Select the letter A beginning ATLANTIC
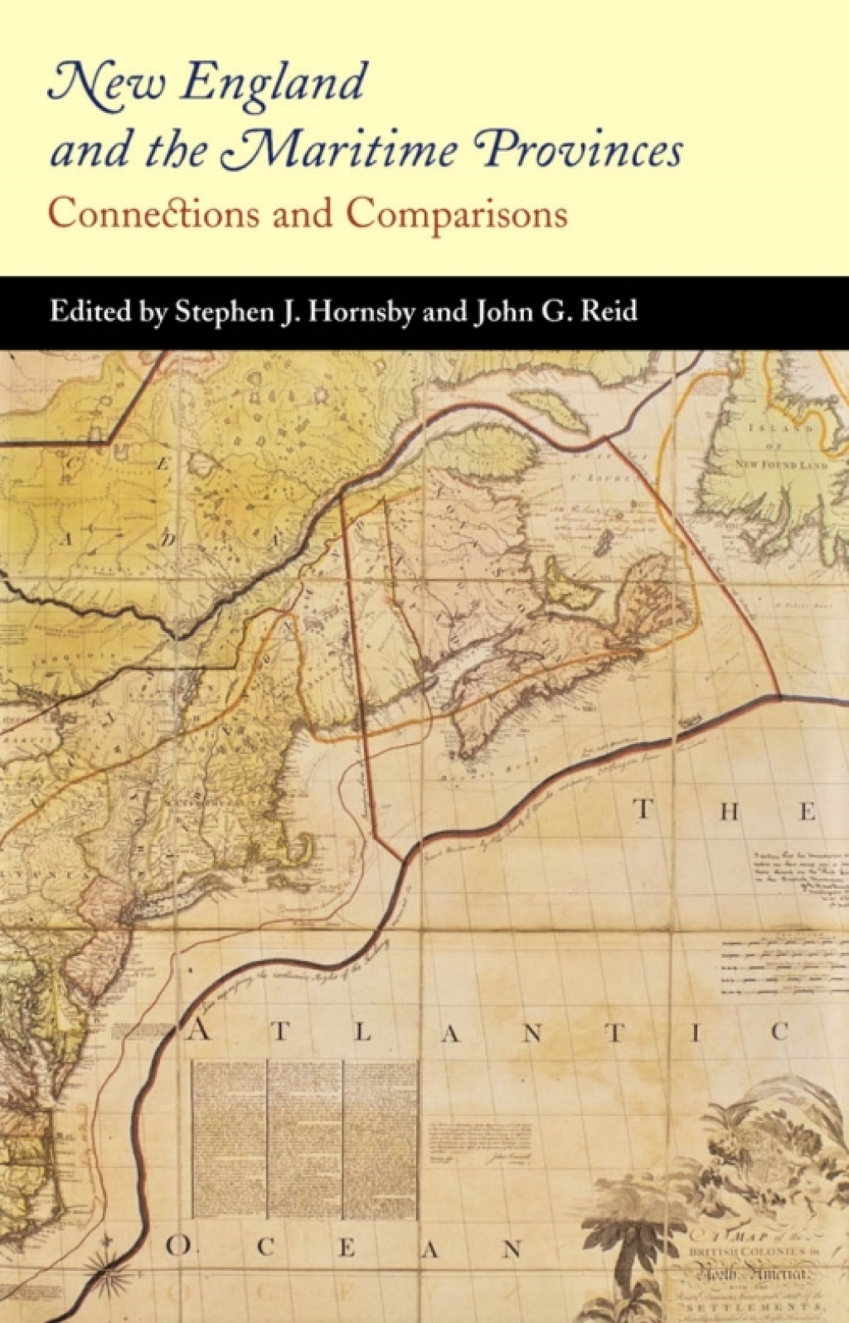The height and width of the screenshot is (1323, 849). click(x=199, y=1032)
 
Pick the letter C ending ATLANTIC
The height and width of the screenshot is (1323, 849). click(x=779, y=1032)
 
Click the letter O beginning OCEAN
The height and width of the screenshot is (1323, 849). click(x=177, y=1246)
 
